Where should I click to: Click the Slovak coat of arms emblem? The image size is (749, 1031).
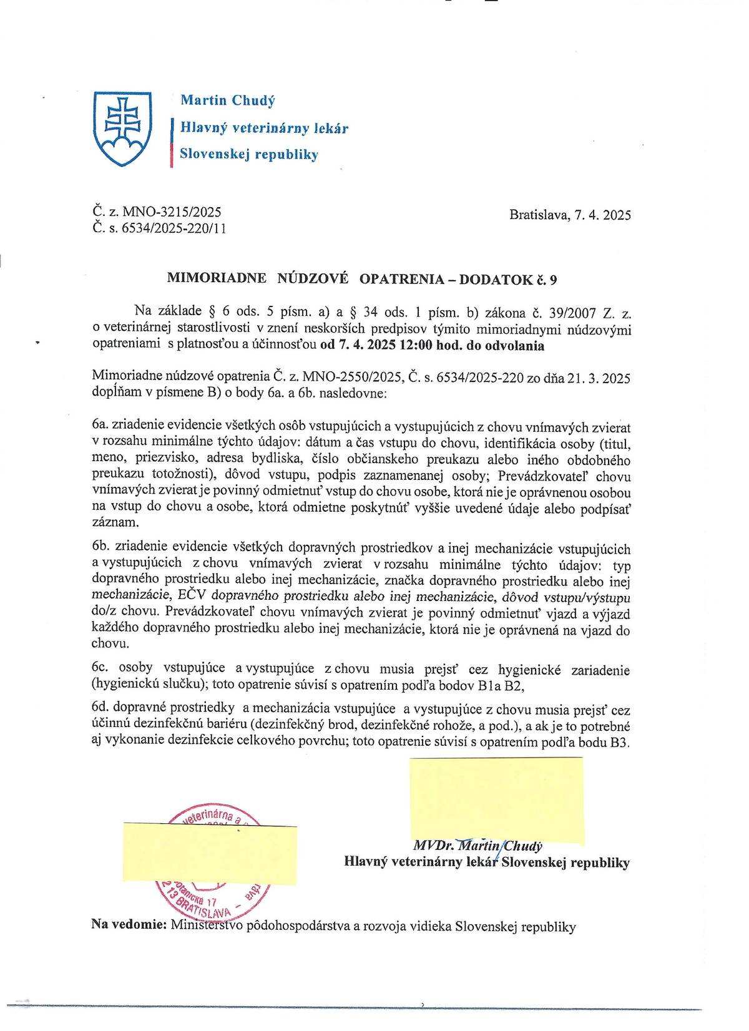point(122,128)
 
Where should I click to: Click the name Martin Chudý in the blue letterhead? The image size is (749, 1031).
point(227,100)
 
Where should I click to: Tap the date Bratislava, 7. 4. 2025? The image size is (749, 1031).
point(569,215)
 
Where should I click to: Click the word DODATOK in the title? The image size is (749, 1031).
point(496,279)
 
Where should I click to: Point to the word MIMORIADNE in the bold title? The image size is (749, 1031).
point(217,279)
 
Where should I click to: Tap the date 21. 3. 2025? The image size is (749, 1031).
point(599,378)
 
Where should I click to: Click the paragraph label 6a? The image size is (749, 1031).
point(100,425)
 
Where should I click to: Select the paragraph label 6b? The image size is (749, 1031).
point(100,547)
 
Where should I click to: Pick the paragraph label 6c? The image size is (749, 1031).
point(100,667)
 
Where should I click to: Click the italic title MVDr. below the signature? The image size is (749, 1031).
point(433,846)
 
